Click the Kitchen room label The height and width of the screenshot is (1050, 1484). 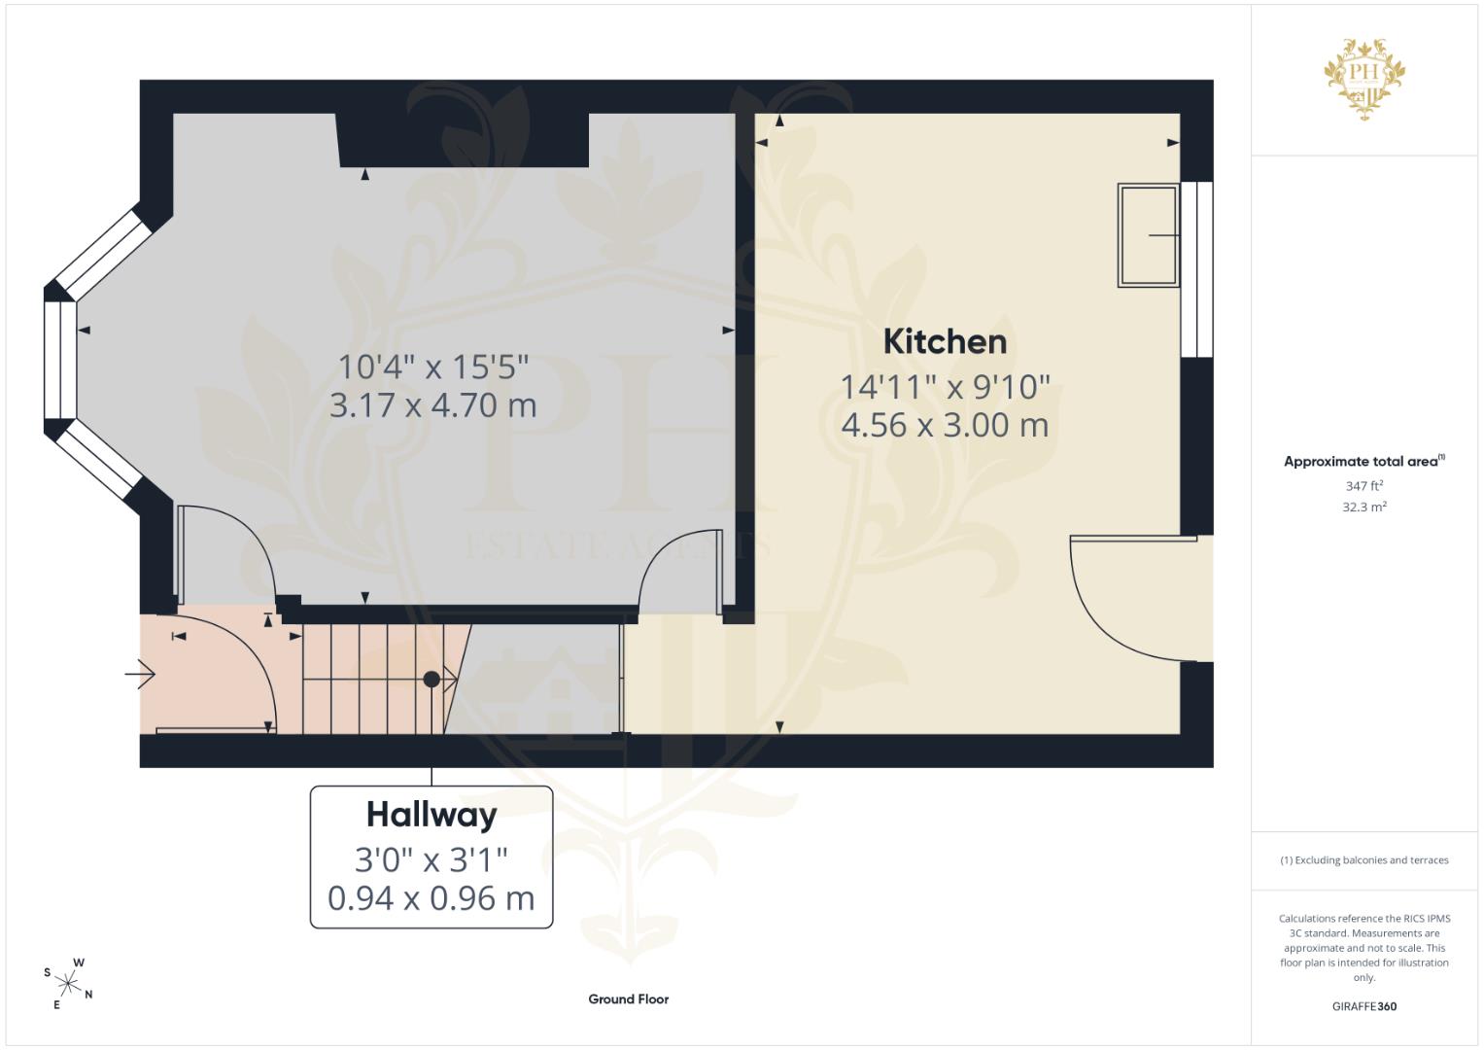coord(945,342)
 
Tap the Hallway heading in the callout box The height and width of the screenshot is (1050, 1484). coord(431,816)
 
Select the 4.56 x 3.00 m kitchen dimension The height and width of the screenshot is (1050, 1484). coord(945,425)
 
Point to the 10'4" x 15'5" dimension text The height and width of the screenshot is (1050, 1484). coord(433,367)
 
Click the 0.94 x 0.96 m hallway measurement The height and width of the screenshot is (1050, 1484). coord(431,899)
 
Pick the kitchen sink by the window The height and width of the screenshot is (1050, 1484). coord(1148,235)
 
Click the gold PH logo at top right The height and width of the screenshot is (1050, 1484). coord(1364,79)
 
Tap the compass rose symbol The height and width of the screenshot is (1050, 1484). coord(68,983)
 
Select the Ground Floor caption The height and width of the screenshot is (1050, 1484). coord(628,999)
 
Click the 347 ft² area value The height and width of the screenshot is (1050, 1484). coord(1364,486)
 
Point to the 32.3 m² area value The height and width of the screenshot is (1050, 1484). coord(1364,507)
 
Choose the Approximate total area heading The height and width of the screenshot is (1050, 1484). coord(1364,462)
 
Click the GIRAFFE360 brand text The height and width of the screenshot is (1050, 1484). coord(1364,1006)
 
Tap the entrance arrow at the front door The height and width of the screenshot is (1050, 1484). coord(140,675)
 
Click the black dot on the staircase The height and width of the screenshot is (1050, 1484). coord(431,679)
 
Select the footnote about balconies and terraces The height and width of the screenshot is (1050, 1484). coord(1364,860)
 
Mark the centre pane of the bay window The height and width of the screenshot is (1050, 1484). coord(60,361)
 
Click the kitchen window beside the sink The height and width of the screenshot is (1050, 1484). coord(1197,269)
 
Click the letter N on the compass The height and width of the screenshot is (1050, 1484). coord(88,995)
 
